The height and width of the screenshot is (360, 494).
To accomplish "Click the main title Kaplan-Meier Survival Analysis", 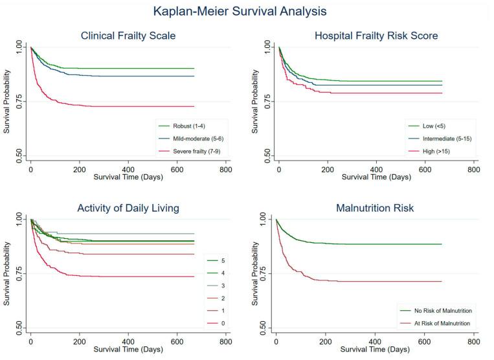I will coord(240,11).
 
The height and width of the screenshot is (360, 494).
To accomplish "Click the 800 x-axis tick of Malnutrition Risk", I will coord(473,341).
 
